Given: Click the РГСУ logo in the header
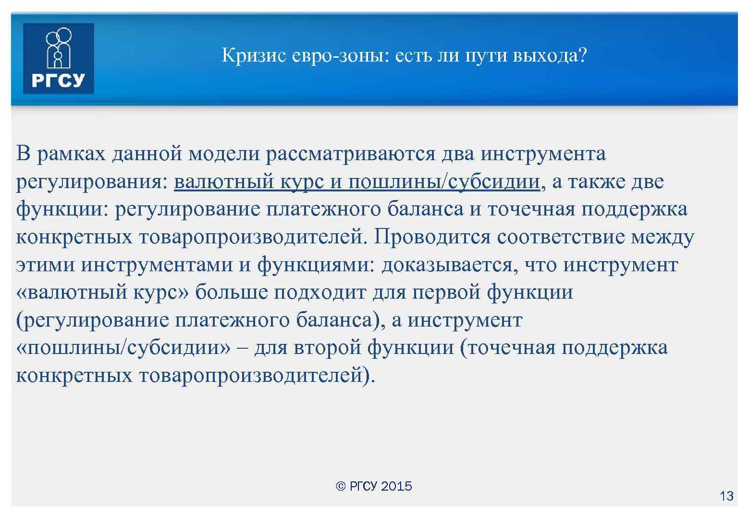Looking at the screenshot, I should coord(58,58).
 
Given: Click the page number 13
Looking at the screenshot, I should coord(726,496).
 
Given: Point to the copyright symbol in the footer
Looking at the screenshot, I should coord(341,487).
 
